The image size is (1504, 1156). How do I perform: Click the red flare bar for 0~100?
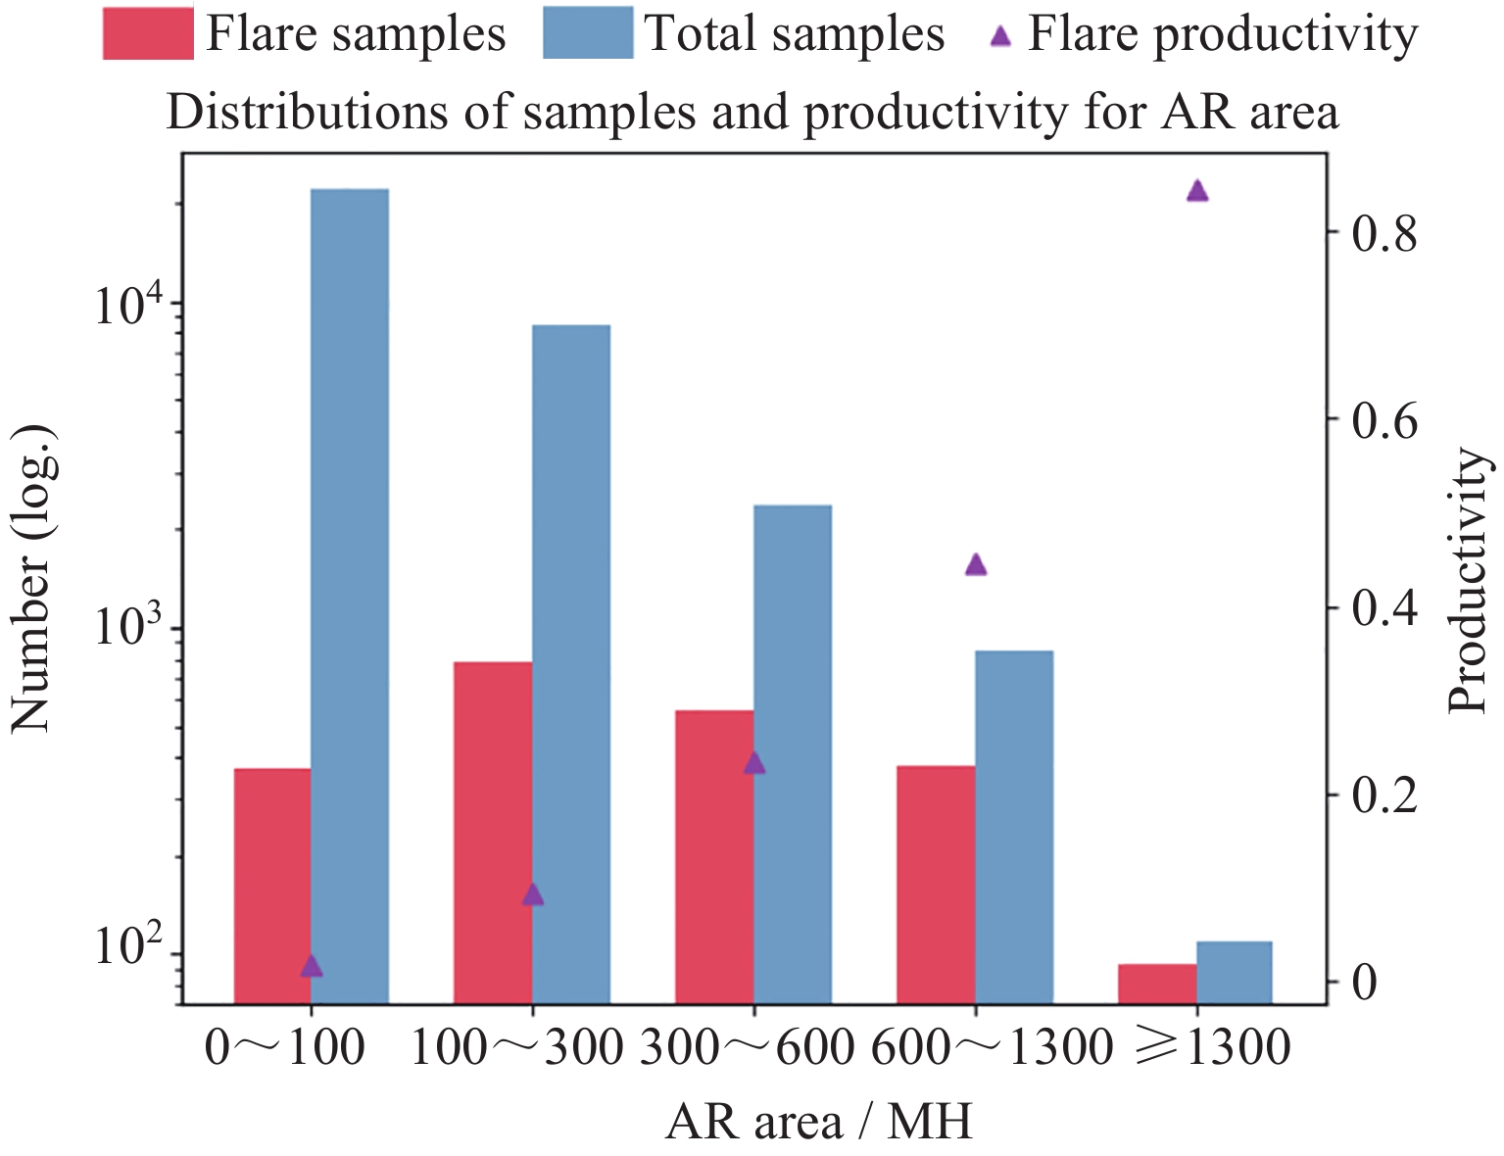coord(272,886)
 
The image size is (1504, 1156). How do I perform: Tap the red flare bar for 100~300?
coord(493,833)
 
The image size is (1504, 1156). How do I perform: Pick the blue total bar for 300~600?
coord(793,754)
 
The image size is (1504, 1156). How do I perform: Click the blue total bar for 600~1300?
coord(1014,827)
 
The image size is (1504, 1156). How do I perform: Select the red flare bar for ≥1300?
coord(1157,984)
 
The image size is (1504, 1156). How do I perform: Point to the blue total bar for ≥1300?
coord(1235,973)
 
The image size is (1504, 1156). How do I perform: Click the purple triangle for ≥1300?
coord(1197,191)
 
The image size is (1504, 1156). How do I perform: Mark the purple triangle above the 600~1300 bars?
coord(975,564)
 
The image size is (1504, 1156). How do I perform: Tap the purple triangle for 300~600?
coord(753,763)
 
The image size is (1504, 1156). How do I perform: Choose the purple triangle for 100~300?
coord(532,894)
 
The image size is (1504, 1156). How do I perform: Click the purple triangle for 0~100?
coord(311,967)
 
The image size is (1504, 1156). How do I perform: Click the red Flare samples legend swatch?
coord(148,34)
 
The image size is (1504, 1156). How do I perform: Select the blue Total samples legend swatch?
coord(587,34)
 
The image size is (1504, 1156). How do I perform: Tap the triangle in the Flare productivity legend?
coord(999,37)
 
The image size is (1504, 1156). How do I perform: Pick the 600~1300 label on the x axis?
coord(992,1049)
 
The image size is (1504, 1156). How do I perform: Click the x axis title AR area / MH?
coord(819,1122)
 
